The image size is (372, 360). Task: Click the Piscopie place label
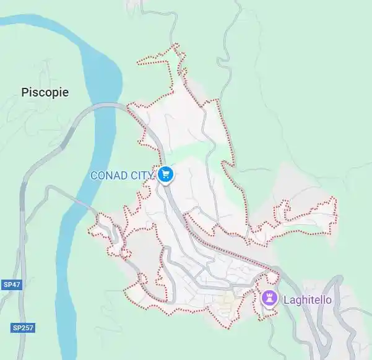click(45, 93)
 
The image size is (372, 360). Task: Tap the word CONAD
click(109, 175)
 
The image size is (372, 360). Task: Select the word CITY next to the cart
click(141, 175)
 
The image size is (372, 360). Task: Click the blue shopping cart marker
click(165, 174)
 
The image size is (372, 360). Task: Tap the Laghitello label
click(308, 300)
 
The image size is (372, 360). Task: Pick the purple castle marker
click(270, 299)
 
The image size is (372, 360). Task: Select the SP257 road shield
click(22, 327)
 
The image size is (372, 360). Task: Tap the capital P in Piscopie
click(25, 93)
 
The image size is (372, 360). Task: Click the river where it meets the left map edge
click(3, 21)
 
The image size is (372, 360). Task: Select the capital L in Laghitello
click(287, 300)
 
